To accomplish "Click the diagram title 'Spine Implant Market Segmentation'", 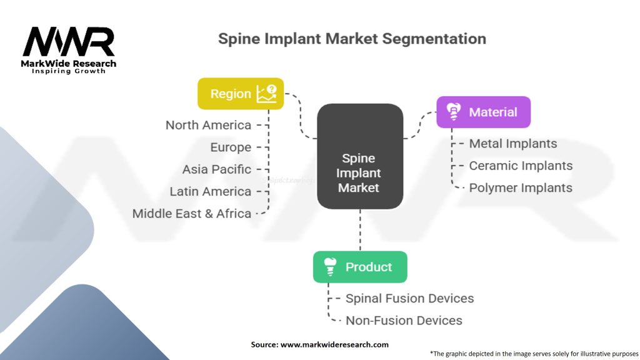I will (x=352, y=39).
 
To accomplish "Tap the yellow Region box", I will (x=241, y=94).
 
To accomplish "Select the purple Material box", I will (x=483, y=112).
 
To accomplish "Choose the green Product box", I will (x=360, y=267).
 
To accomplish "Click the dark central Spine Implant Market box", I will (x=359, y=156).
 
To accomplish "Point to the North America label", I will (x=208, y=125).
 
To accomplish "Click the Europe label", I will (x=231, y=147).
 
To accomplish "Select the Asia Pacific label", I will (x=216, y=169).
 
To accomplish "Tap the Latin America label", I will (x=210, y=191).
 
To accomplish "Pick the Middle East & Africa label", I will (x=191, y=213).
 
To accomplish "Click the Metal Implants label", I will (x=512, y=144).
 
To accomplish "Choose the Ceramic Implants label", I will (x=521, y=166).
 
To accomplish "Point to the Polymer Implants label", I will (x=521, y=187).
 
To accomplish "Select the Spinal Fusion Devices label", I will (x=409, y=298).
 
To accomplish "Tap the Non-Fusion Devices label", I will (x=404, y=321).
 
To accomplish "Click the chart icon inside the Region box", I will (x=266, y=94).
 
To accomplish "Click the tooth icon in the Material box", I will (x=452, y=112).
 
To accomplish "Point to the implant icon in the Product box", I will (x=329, y=267).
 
